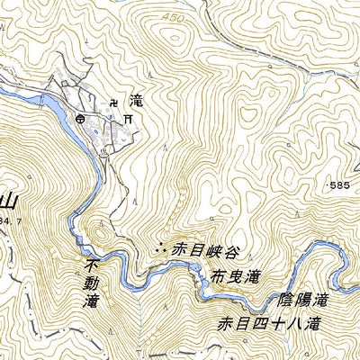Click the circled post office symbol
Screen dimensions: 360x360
83,117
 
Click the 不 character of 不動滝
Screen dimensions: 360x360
89,267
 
